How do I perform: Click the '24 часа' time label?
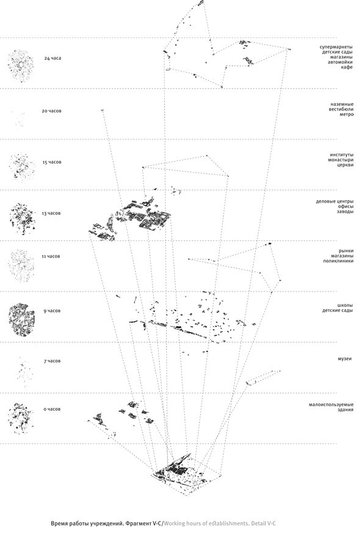click(52, 58)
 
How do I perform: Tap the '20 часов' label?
click(51, 111)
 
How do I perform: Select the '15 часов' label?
click(52, 162)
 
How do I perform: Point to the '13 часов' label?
click(51, 214)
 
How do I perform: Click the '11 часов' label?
click(51, 256)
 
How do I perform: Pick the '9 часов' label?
click(52, 311)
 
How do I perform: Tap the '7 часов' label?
click(52, 361)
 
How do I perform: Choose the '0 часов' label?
click(52, 409)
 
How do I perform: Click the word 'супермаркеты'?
click(336, 47)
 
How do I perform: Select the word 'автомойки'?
click(341, 62)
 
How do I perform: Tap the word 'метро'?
click(347, 114)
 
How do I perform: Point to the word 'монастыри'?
click(340, 160)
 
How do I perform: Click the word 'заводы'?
click(345, 212)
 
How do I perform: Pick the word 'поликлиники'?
click(338, 260)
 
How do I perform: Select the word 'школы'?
click(345, 306)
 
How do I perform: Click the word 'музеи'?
click(345, 358)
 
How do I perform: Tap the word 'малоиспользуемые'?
click(331, 404)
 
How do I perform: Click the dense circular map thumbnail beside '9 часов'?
click(22, 320)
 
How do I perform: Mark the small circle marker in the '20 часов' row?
click(102, 110)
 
